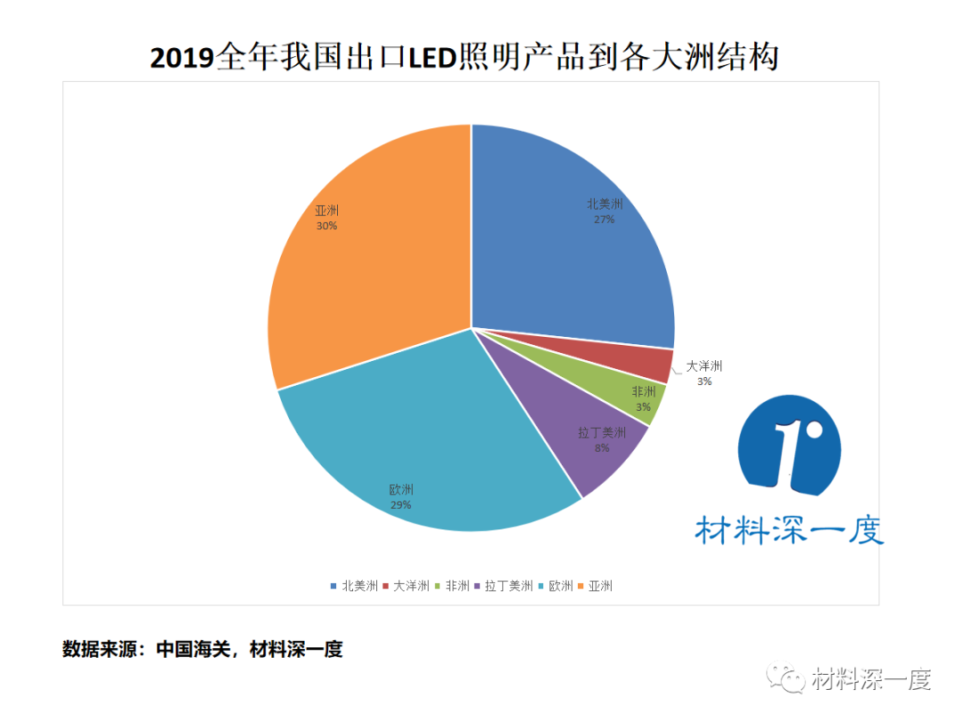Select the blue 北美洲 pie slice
tap(571, 258)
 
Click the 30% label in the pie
tap(326, 226)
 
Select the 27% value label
tap(605, 218)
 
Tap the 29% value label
tap(400, 505)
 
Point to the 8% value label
tap(602, 447)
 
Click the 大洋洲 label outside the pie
tap(704, 366)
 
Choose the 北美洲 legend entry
tap(354, 586)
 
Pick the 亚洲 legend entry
tap(597, 586)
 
